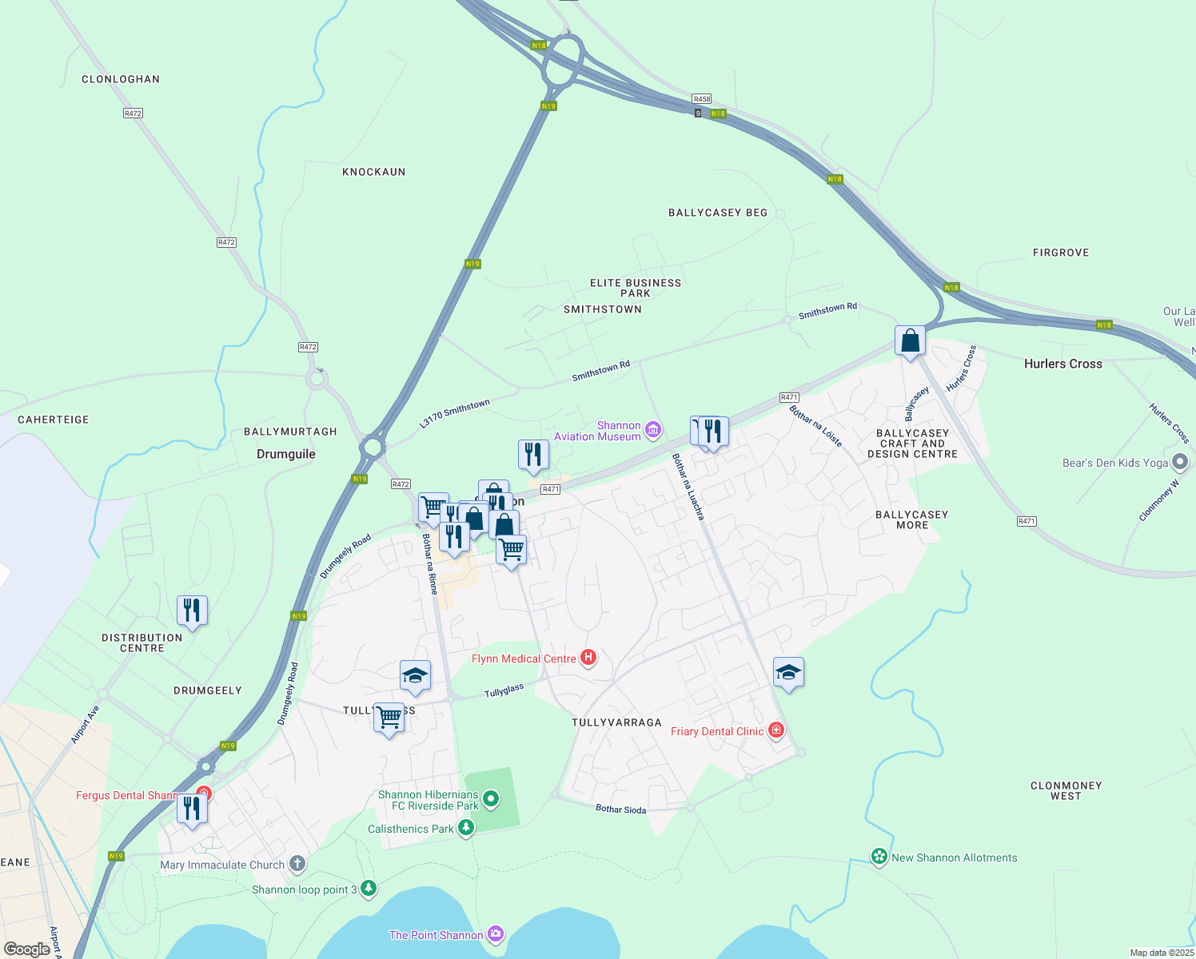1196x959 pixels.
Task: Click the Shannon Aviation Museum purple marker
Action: tap(653, 431)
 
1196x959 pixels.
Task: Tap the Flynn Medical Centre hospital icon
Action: tap(588, 658)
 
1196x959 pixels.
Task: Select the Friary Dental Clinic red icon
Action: tap(775, 730)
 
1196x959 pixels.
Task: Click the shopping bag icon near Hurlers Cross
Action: tap(910, 341)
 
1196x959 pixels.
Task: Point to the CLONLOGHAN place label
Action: tap(121, 79)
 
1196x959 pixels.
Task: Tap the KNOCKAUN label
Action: tap(373, 172)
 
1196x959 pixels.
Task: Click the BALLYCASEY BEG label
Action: tap(717, 213)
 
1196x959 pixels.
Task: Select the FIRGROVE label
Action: tap(1060, 253)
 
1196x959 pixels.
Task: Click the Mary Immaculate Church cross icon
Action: tap(297, 864)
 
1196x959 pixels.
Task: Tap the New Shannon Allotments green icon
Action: tap(879, 858)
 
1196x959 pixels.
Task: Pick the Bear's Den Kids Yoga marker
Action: tap(1180, 463)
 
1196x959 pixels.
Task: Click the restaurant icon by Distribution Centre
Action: tap(192, 611)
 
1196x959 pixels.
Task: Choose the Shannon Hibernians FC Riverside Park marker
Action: tap(491, 798)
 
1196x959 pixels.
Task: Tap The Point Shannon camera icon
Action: tap(496, 934)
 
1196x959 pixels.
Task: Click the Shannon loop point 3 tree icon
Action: tap(368, 889)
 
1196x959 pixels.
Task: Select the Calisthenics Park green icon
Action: tap(466, 829)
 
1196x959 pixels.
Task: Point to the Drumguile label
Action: tap(285, 454)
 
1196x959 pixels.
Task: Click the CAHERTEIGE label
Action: tap(54, 420)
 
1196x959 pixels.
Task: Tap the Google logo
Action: tap(26, 949)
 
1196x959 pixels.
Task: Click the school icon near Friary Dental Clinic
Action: tap(788, 673)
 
